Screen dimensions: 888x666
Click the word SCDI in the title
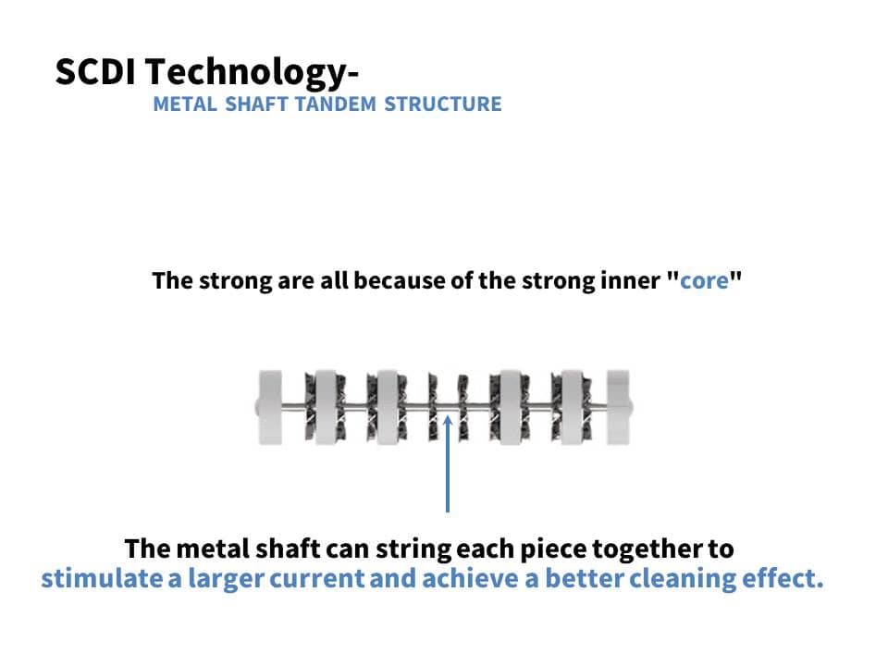pos(95,72)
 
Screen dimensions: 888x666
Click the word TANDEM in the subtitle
pos(336,105)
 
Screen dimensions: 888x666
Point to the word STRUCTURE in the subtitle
pos(443,105)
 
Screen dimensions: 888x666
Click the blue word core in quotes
pos(704,281)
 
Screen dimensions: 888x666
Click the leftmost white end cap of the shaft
pos(270,407)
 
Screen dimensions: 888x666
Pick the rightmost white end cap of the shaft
pos(619,407)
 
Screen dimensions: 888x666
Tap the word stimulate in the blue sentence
pos(101,578)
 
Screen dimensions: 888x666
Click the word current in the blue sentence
pos(316,579)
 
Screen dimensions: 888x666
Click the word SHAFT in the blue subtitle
pos(256,105)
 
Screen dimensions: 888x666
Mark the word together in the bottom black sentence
pos(646,549)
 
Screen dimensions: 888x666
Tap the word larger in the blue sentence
pos(226,579)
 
